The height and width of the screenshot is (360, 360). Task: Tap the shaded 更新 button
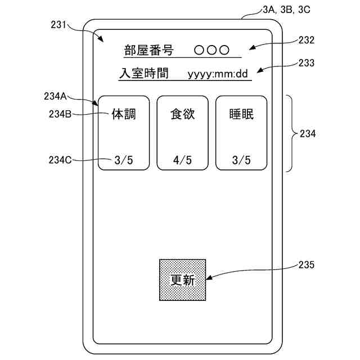182,280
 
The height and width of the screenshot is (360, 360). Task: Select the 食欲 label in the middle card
182,114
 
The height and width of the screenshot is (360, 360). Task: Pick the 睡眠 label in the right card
241,114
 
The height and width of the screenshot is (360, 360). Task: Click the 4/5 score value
182,160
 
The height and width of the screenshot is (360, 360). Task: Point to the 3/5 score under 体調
124,160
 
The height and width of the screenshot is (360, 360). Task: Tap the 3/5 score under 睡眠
241,160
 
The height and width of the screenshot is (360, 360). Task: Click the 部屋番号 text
148,49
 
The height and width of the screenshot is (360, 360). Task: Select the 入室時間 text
144,73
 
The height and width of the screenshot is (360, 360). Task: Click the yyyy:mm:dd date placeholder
218,74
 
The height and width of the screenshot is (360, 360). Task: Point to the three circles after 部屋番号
211,49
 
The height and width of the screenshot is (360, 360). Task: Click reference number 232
307,40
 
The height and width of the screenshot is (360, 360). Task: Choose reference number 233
307,63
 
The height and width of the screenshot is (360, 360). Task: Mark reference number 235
307,264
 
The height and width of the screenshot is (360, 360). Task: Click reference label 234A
55,96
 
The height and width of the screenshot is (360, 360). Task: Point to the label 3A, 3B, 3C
286,9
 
